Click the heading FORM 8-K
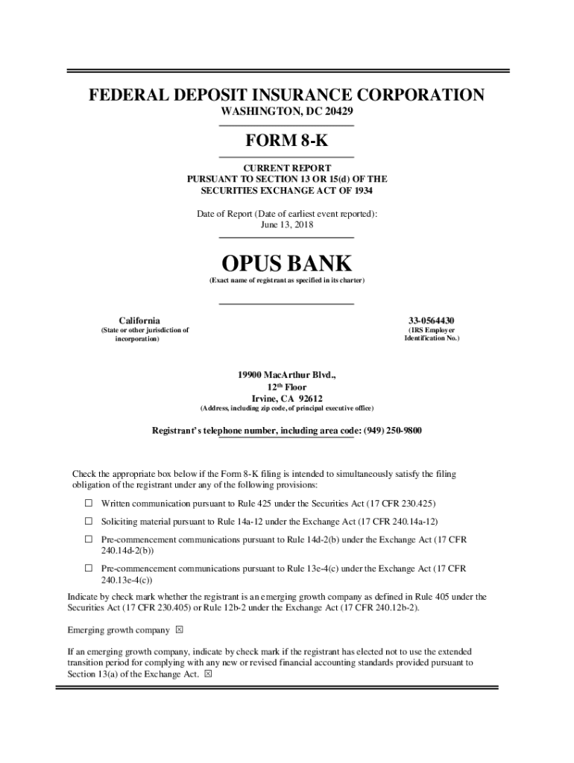click(286, 141)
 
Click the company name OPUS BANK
click(286, 263)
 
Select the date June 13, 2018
click(286, 224)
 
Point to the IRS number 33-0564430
click(432, 320)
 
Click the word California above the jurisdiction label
click(139, 320)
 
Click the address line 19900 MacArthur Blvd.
click(286, 374)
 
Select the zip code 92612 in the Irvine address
click(306, 398)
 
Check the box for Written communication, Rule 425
click(87, 503)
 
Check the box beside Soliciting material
click(87, 521)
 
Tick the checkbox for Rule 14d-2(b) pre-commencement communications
click(87, 539)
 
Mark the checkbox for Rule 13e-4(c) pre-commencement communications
click(87, 569)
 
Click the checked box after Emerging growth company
click(179, 630)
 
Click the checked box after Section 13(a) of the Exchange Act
click(208, 674)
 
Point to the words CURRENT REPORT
click(286, 168)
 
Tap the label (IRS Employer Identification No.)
click(432, 334)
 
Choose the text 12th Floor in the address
click(286, 387)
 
